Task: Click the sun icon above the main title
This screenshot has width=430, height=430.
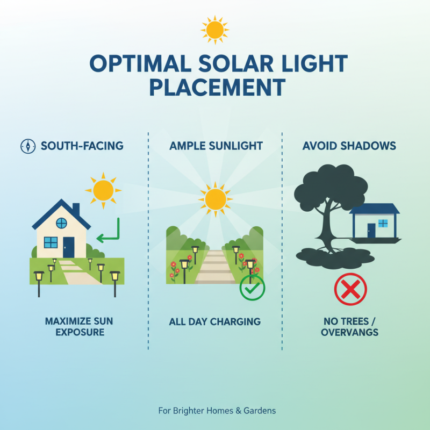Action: tap(214, 29)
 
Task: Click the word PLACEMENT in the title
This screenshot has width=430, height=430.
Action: tap(217, 88)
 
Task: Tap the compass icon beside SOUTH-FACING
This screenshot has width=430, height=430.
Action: tap(27, 146)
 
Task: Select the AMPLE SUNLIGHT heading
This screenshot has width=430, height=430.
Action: tap(216, 146)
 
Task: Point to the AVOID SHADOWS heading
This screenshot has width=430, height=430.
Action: tap(349, 146)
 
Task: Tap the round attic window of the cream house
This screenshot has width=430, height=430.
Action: tap(61, 223)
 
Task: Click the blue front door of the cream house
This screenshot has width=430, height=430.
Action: tap(68, 247)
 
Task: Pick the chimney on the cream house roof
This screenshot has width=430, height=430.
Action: tap(76, 208)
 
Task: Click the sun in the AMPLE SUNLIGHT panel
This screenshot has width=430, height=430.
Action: tap(215, 199)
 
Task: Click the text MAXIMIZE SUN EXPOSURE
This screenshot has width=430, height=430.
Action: tap(79, 327)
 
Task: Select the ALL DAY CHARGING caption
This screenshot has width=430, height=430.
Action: tap(214, 322)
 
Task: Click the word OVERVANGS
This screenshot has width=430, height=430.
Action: tap(349, 333)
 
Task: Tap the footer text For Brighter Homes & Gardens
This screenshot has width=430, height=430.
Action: tap(217, 411)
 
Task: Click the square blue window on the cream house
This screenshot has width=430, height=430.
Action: tap(51, 242)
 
